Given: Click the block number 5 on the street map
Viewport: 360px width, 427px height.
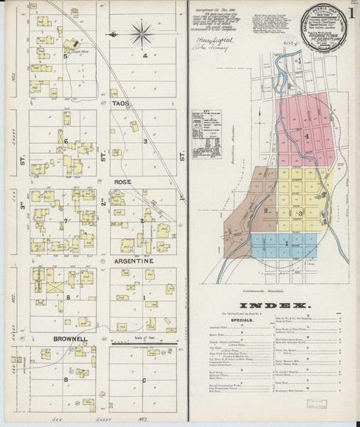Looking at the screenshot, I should pos(66,56).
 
